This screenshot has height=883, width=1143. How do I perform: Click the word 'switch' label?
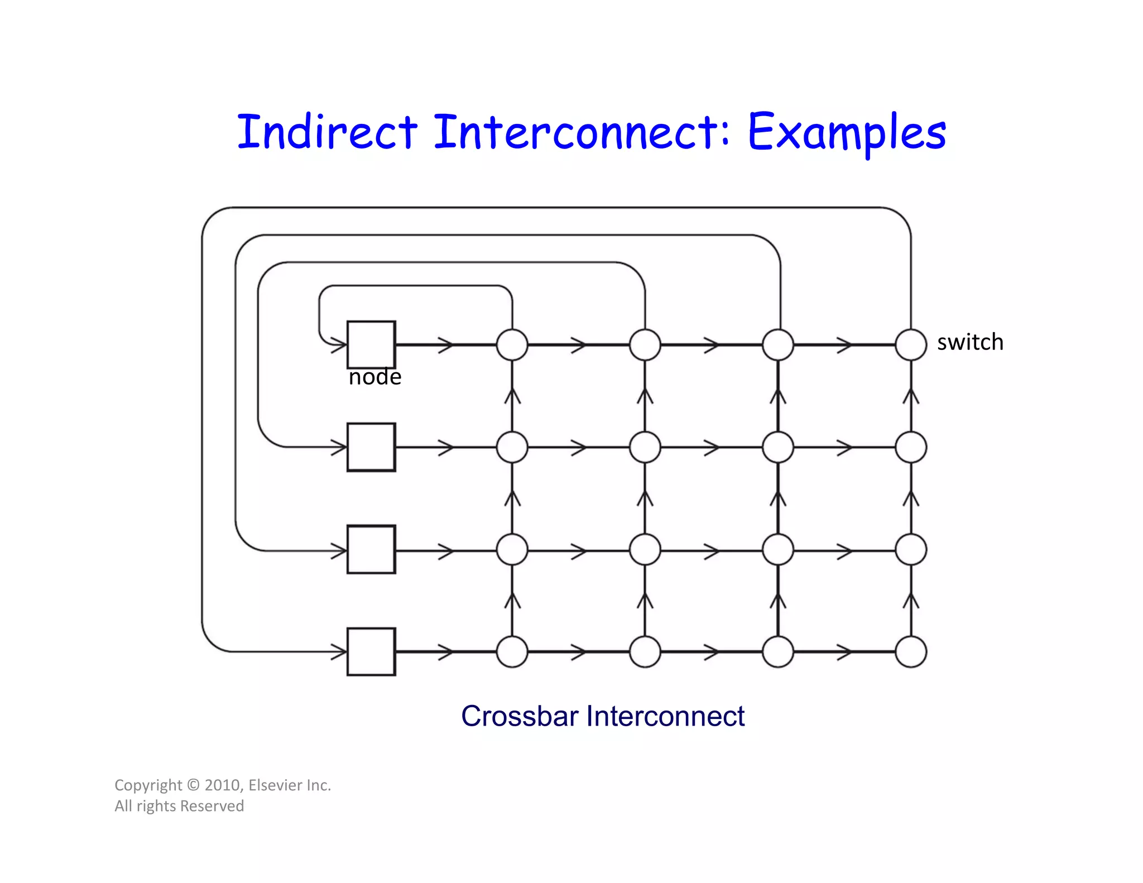click(970, 342)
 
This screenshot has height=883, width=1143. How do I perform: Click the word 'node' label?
click(375, 377)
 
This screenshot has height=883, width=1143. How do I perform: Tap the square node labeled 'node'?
click(371, 344)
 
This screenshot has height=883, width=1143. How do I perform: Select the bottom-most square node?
click(371, 651)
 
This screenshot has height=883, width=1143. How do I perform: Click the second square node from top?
click(371, 447)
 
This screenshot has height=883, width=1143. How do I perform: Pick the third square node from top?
click(371, 549)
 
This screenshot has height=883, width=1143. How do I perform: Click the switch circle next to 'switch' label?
click(911, 345)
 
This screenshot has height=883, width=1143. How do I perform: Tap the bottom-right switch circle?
click(911, 651)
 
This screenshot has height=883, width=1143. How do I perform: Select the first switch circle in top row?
click(512, 345)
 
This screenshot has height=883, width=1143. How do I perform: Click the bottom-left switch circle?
click(512, 651)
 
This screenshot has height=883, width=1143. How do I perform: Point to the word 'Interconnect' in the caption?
click(665, 716)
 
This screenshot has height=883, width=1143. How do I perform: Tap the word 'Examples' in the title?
click(846, 133)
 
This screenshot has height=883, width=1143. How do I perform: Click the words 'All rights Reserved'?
click(179, 806)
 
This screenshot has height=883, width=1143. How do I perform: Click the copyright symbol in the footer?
click(193, 785)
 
